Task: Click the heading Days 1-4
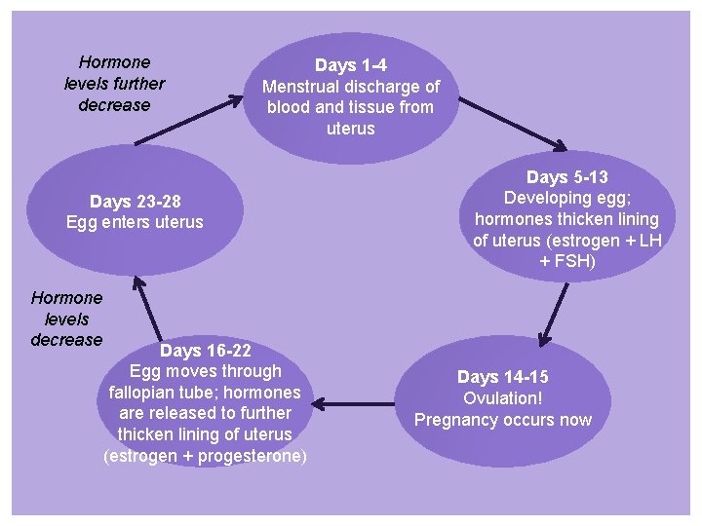click(350, 65)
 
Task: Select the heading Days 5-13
click(566, 177)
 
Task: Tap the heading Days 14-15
click(502, 377)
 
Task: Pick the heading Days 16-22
click(205, 350)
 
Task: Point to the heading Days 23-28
click(135, 202)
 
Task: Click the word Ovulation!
click(502, 398)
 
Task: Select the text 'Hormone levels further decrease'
click(114, 84)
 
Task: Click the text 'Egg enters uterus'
click(135, 222)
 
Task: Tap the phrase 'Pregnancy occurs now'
click(502, 420)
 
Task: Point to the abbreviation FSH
click(581, 262)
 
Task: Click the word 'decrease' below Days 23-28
click(66, 340)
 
